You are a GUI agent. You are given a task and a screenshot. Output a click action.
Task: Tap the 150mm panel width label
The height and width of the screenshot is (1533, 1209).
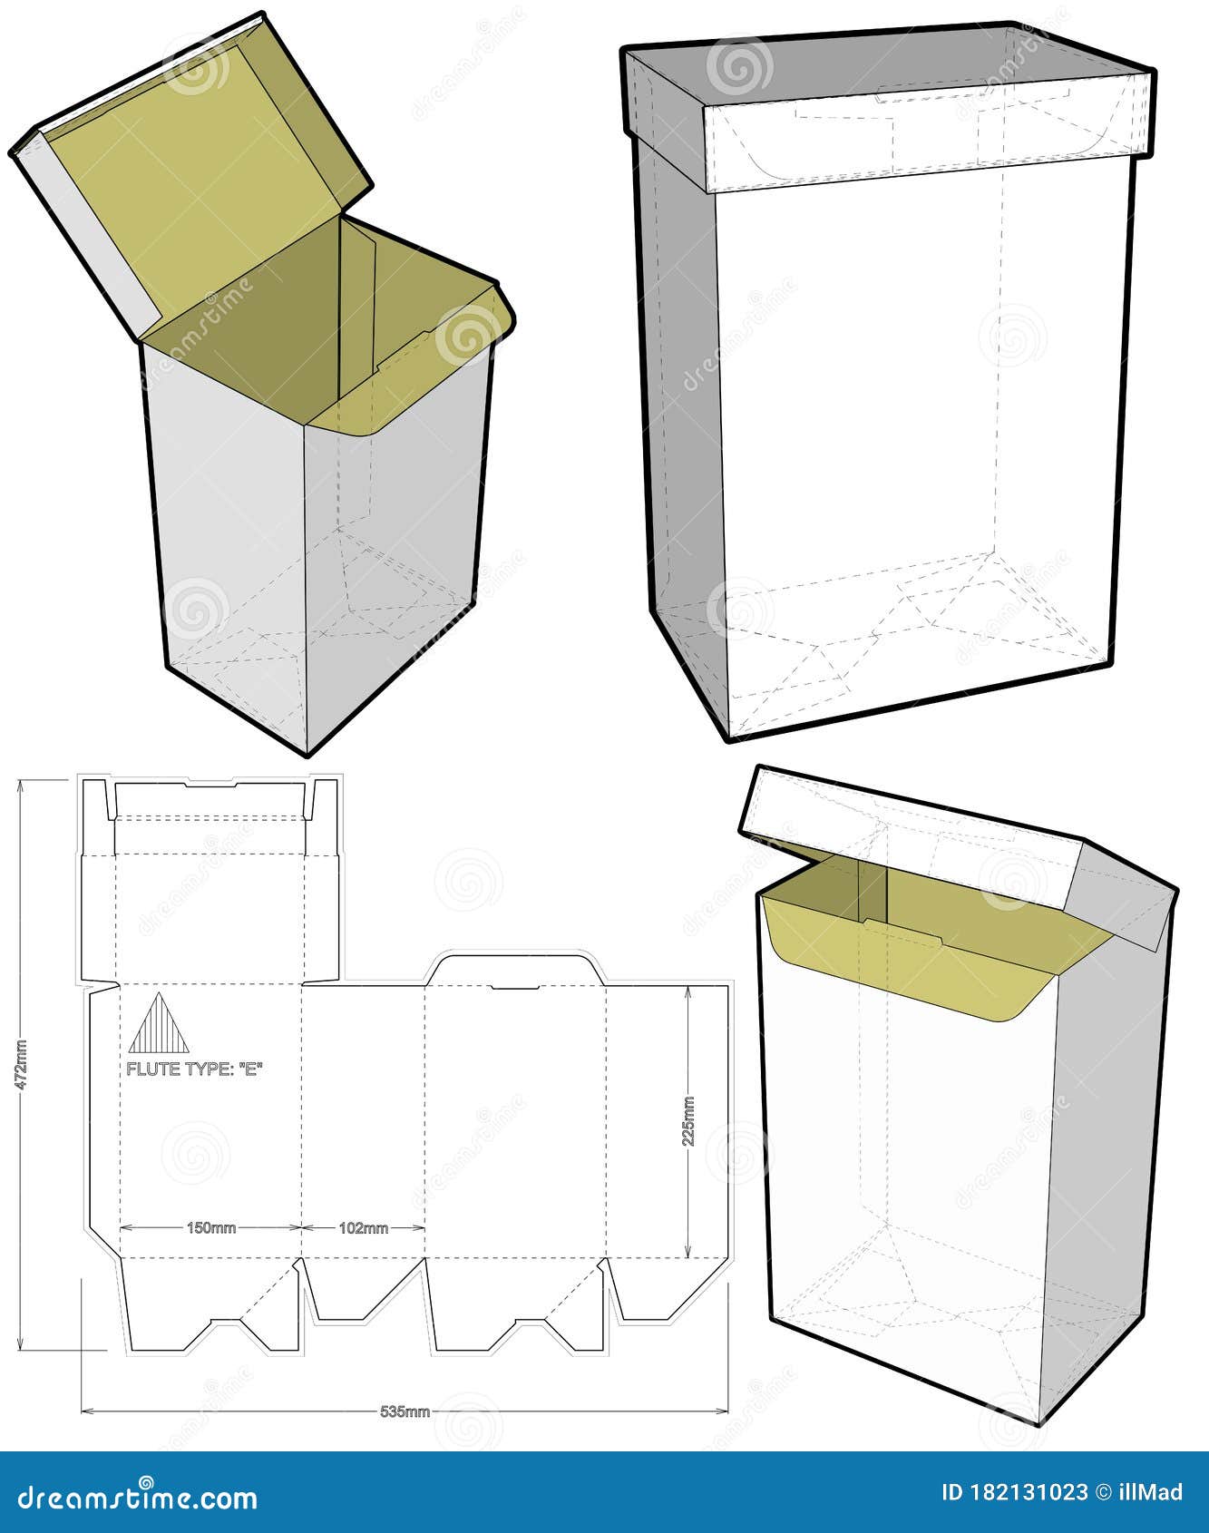point(210,1228)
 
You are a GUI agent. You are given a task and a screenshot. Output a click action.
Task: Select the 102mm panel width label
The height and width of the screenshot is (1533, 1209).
point(363,1228)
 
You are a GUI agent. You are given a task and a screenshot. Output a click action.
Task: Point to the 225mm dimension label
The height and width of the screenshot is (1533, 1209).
point(688,1121)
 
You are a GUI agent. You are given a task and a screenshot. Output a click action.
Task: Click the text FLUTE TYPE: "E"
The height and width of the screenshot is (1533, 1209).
point(194,1069)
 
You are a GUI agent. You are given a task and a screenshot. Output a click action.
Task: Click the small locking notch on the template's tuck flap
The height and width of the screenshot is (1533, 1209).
point(515,986)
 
